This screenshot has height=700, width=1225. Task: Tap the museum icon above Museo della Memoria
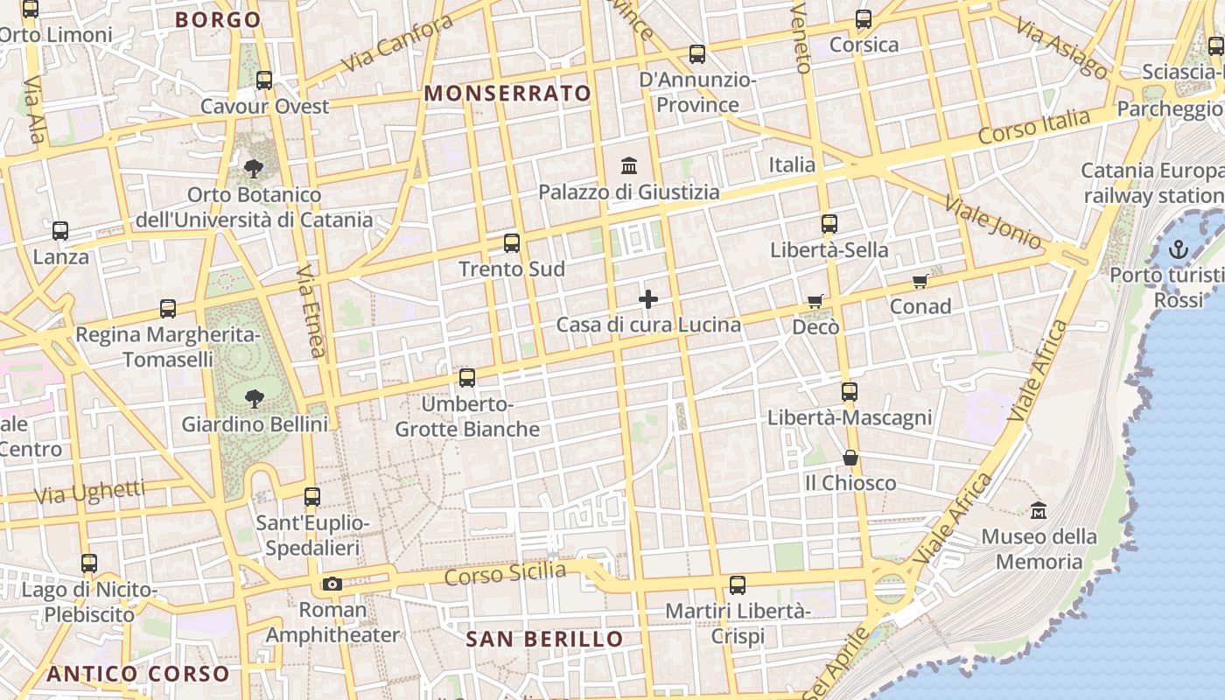tap(1039, 509)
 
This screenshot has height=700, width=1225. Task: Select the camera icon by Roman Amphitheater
tap(332, 584)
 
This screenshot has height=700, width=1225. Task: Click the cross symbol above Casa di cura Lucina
tap(648, 300)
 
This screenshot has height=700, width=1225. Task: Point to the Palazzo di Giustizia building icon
tap(628, 165)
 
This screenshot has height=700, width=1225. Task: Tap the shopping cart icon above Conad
tap(920, 281)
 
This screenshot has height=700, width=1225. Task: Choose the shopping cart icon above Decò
tap(815, 302)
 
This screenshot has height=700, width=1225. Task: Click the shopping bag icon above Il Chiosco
tap(850, 458)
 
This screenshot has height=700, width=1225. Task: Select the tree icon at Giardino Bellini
tap(255, 399)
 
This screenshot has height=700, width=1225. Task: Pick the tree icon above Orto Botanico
tap(255, 168)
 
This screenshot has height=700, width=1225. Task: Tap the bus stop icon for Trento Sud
tap(512, 243)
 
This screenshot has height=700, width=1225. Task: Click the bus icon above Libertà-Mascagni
tap(849, 392)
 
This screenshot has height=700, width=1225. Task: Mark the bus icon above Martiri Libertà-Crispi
tap(738, 584)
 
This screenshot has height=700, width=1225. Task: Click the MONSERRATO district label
tap(507, 94)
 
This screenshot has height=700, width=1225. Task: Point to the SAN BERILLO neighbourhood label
tap(544, 639)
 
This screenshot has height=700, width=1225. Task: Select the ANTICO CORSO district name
tap(137, 674)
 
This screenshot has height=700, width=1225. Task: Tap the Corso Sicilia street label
tap(505, 574)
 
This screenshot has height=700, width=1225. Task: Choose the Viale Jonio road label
tap(994, 223)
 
